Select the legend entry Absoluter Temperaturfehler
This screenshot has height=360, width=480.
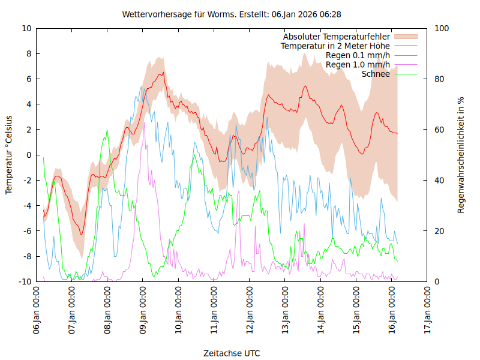coord(337,37)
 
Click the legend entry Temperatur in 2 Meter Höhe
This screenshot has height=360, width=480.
coord(335,46)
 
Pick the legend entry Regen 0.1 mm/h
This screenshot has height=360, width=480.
coord(358,55)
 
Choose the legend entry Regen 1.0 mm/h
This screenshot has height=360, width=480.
coord(358,64)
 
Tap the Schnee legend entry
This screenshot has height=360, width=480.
coord(376,74)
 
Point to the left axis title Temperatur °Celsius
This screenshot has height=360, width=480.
coord(9,155)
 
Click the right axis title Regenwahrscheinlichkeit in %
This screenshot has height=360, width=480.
coord(461,155)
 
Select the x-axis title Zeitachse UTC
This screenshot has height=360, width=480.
coord(232,353)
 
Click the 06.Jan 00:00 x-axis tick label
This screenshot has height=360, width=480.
coord(37,311)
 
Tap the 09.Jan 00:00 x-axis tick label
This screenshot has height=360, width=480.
coord(143,311)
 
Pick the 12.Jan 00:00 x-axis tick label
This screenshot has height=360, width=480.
coord(250,311)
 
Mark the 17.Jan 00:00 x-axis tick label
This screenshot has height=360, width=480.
coord(428,311)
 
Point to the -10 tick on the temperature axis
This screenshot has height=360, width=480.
coord(26,281)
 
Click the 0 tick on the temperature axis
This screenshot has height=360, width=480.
coord(29,155)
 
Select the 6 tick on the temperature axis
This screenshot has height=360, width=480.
coord(29,79)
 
